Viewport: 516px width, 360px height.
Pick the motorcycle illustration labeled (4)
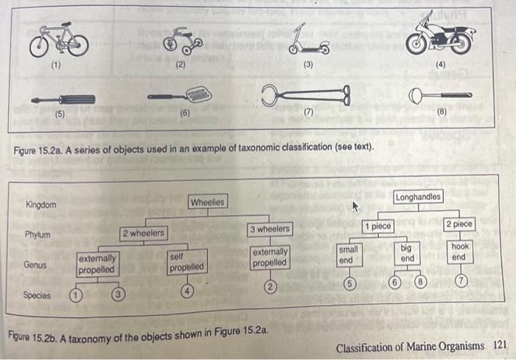point(441,36)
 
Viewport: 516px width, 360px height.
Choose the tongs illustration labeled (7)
point(307,95)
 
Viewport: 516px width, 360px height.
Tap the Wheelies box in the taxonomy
point(208,201)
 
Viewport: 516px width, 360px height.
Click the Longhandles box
point(418,197)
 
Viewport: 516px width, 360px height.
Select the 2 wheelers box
point(144,234)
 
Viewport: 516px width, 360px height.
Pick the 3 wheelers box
point(269,229)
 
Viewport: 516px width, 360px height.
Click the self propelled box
point(186,261)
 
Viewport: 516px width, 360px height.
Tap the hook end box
point(459,252)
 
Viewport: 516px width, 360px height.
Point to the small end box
point(349,255)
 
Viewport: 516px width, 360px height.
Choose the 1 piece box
point(377,225)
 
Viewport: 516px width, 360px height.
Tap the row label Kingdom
point(41,204)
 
